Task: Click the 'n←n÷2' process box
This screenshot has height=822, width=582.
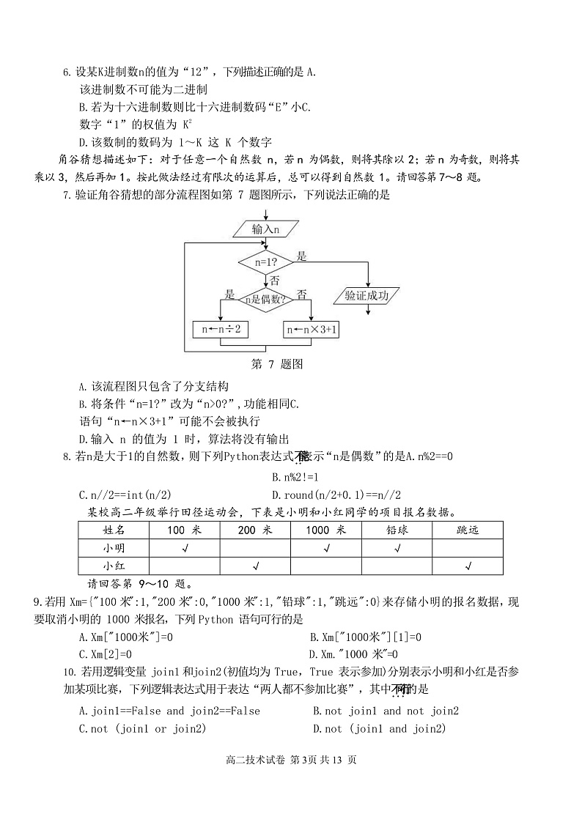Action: [x=220, y=330]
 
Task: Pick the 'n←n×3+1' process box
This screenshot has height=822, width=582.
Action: [x=312, y=330]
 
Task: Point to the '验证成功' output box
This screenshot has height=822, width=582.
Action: [x=366, y=296]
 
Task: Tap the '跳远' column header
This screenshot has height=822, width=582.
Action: [x=467, y=530]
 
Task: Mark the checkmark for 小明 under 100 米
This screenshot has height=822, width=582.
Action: [x=185, y=548]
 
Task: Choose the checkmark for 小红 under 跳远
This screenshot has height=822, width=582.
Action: [x=468, y=566]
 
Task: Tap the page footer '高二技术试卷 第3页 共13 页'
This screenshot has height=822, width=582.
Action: [x=292, y=760]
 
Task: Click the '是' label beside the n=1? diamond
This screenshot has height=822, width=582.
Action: [x=301, y=256]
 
